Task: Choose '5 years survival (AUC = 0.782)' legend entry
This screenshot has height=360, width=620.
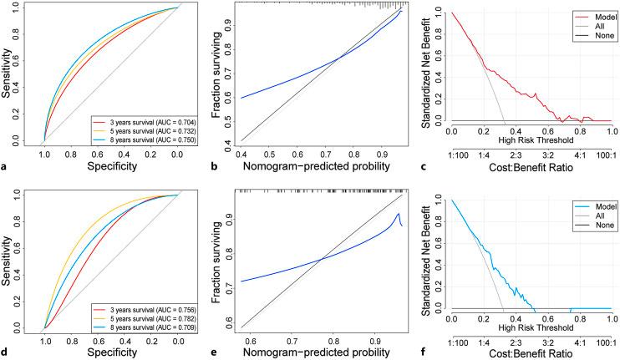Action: [x=151, y=318]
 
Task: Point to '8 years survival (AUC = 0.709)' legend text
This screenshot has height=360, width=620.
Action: [x=151, y=327]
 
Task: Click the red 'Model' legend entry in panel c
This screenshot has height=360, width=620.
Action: [x=586, y=15]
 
